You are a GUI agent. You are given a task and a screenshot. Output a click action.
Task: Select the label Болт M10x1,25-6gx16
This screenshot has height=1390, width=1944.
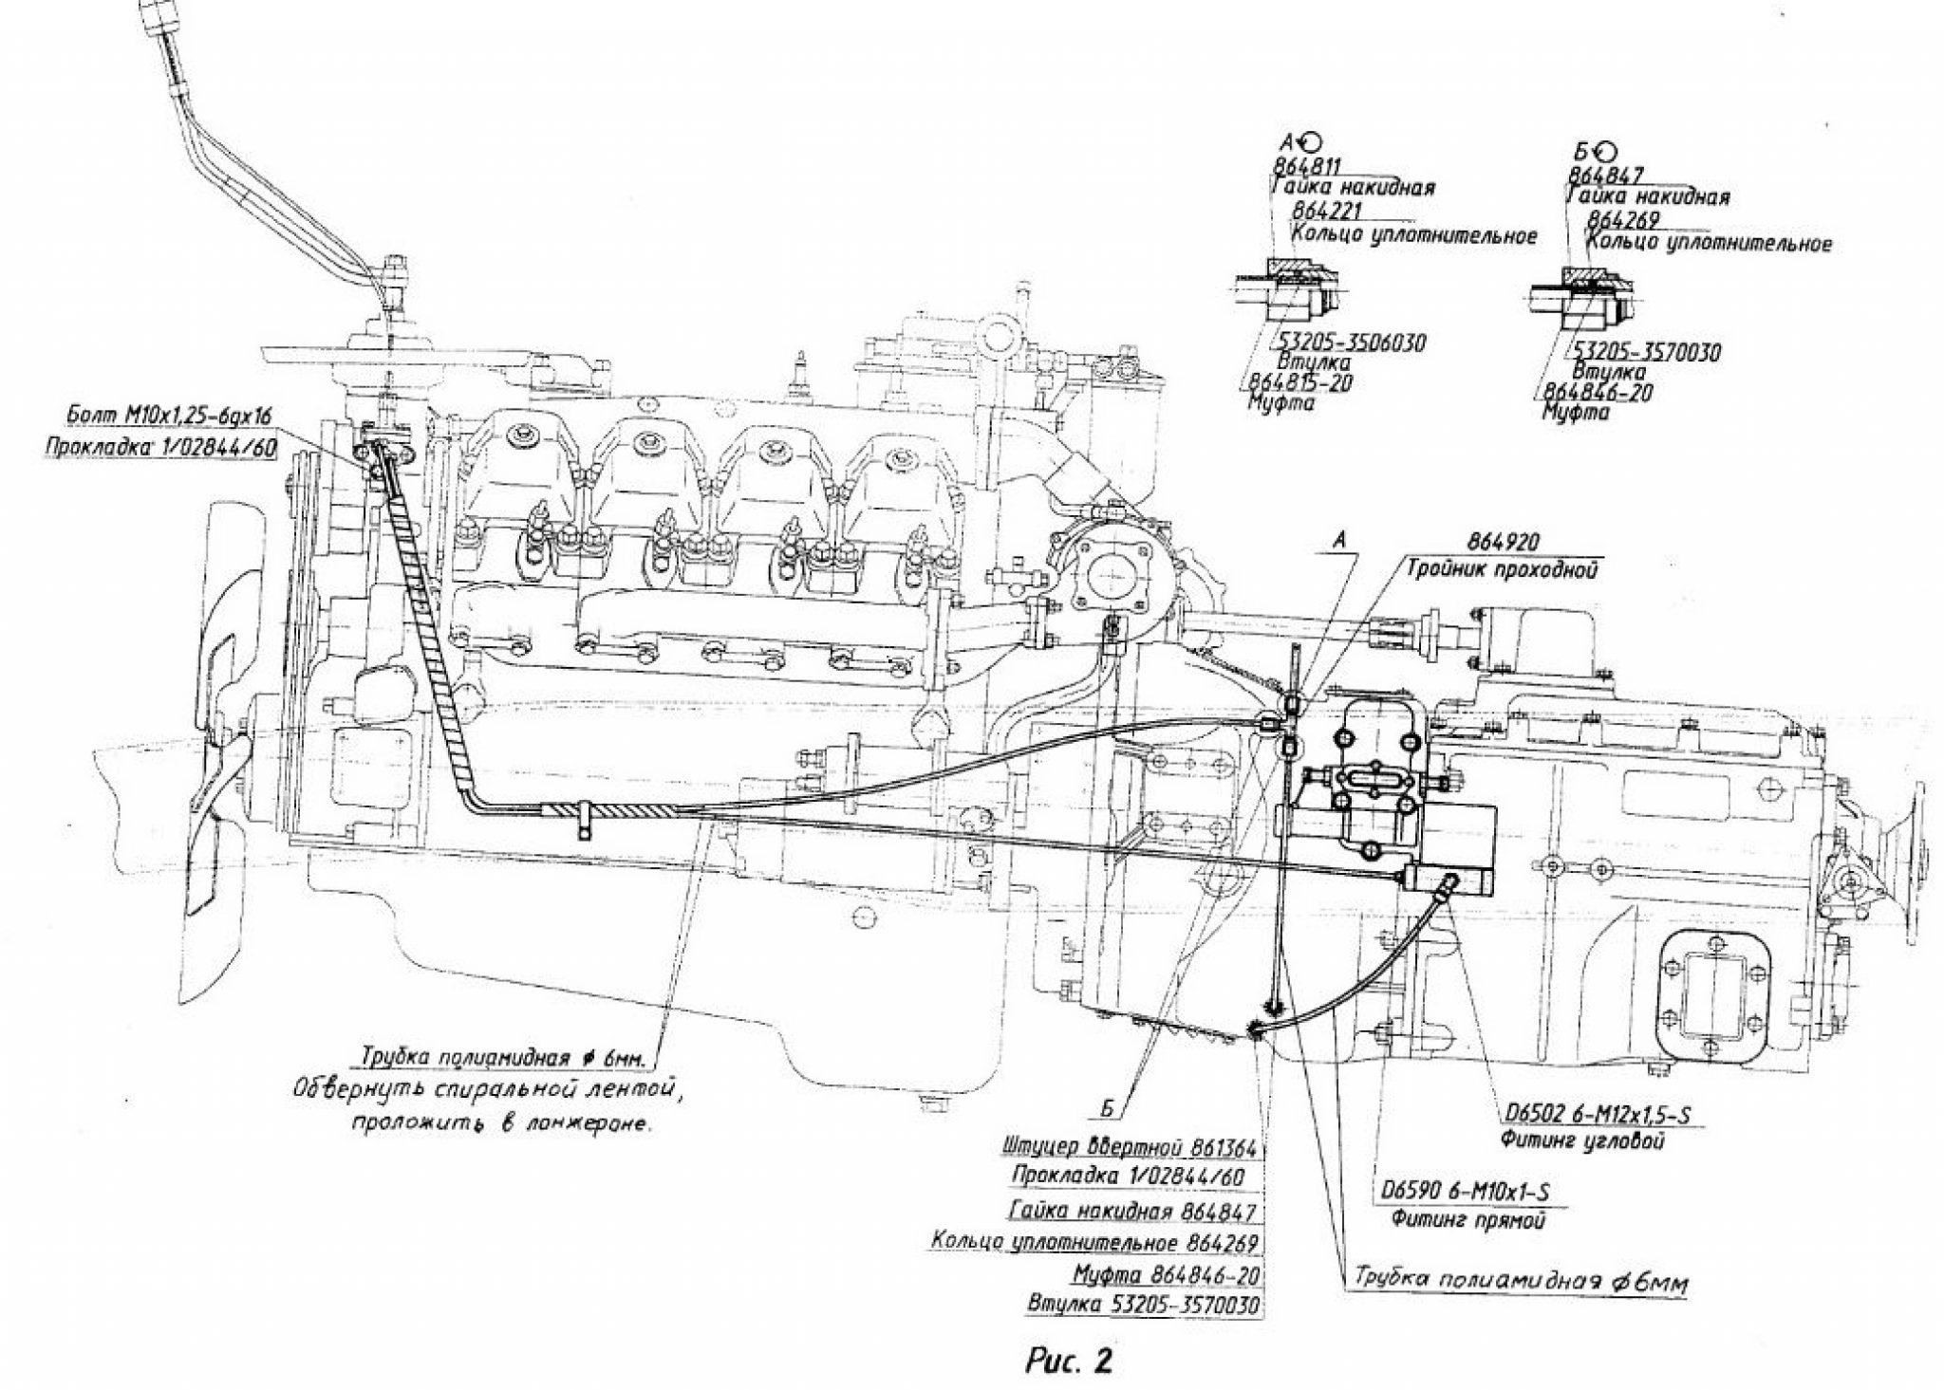170,416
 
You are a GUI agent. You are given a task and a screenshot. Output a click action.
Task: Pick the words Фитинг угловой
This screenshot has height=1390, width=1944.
1581,1141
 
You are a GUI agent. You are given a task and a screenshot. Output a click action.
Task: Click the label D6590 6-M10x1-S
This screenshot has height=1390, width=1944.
1469,1193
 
